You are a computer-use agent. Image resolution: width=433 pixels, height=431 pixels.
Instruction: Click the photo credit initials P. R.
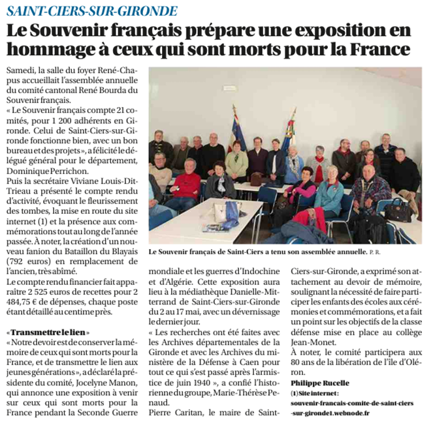pyautogui.click(x=373, y=251)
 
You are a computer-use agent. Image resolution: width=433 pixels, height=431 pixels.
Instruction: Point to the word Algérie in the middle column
pyautogui.click(x=189, y=281)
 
